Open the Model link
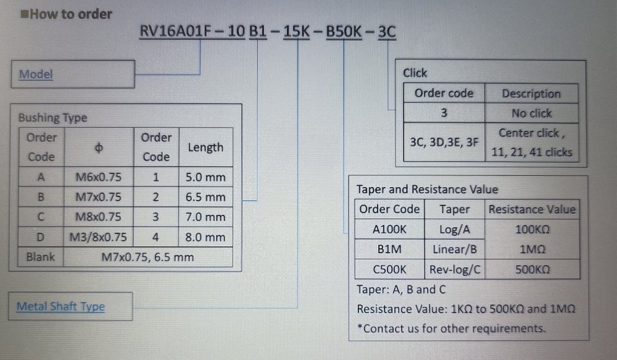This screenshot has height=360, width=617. (x=36, y=75)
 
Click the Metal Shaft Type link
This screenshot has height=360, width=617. (x=60, y=306)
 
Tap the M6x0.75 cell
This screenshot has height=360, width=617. (x=99, y=177)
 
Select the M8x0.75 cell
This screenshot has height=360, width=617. (x=99, y=217)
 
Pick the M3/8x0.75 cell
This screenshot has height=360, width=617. (x=99, y=237)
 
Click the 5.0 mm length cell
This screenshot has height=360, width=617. (x=205, y=177)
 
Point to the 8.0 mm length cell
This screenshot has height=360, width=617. (x=205, y=237)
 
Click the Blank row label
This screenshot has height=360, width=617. (x=41, y=257)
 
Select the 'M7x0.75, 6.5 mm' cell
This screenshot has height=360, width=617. (x=147, y=257)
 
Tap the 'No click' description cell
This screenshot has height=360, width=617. (x=531, y=113)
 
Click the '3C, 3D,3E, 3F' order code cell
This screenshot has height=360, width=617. (x=444, y=142)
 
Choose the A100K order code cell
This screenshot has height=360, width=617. (x=389, y=229)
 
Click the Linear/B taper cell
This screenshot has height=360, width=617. (x=454, y=249)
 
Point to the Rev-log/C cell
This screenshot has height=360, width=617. (x=454, y=269)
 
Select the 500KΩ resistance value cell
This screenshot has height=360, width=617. (x=532, y=269)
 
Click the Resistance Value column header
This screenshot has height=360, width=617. (x=532, y=209)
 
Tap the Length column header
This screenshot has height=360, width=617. (x=205, y=148)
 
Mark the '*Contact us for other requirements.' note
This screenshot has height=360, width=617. (x=451, y=328)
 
